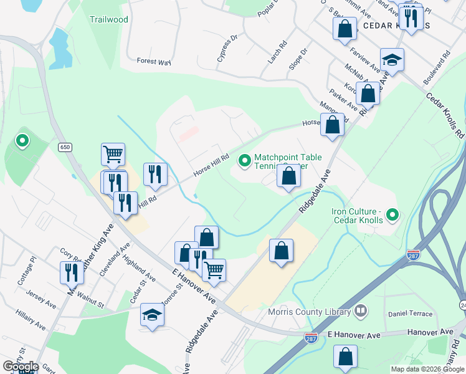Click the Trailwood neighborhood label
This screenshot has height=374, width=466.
coord(108,19)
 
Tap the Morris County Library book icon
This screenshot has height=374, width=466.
coord(360,310)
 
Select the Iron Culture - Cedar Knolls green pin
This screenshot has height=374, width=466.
coord(392,216)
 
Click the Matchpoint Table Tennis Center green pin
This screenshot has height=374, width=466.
coord(245,162)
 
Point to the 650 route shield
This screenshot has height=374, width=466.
coord(64,147)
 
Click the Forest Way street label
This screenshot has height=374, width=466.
coord(154,62)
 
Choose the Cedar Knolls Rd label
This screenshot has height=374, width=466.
coord(445,115)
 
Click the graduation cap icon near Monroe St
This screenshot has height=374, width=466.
coord(152,314)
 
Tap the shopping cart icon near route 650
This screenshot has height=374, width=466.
coord(113,153)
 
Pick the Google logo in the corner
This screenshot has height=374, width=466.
coord(21,367)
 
